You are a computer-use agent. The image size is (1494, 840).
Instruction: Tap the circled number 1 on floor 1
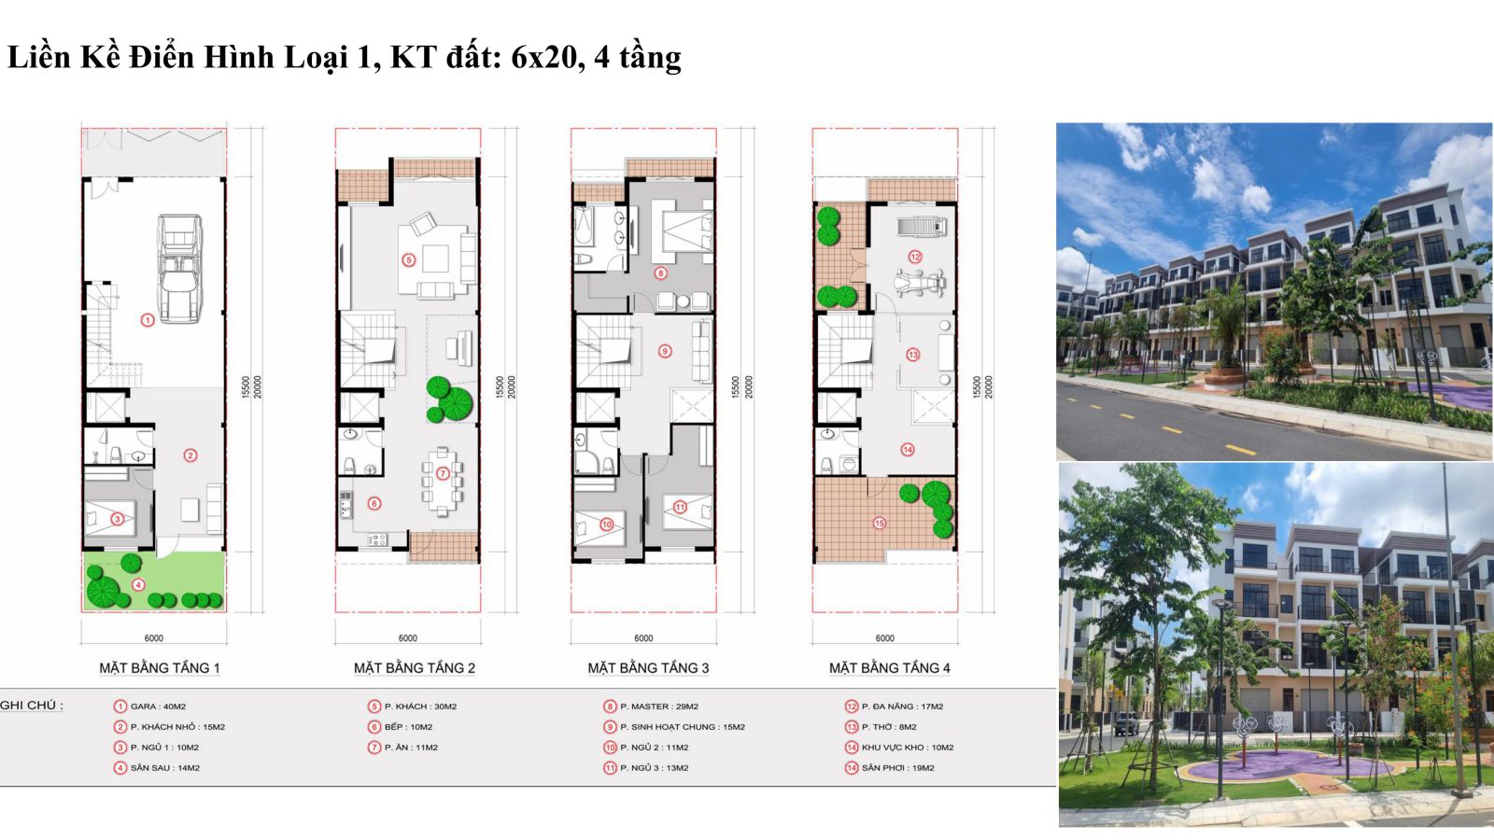coord(148,320)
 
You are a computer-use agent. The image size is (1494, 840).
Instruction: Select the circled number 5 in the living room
coord(409,260)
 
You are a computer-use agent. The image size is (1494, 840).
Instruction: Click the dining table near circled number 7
coord(442,480)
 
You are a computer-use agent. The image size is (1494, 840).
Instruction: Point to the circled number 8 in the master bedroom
coord(660,273)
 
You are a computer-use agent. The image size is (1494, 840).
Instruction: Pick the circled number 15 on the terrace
coord(880,524)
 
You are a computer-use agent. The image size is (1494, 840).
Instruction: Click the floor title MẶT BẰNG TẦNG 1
coord(160,667)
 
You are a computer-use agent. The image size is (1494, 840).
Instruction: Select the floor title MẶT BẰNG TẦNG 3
coord(648,667)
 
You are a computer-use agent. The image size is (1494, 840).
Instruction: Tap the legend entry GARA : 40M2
coord(158,706)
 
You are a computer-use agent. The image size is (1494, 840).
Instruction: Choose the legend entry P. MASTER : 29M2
coord(659,706)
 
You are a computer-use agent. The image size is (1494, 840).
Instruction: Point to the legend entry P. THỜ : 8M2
coord(889,727)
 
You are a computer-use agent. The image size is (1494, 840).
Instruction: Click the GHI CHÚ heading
coord(32,705)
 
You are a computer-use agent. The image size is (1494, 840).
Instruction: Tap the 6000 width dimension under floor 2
coord(407,638)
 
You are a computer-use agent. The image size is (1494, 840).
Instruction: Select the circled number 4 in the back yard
coord(138,584)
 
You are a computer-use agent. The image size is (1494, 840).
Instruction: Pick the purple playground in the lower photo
coord(1290,765)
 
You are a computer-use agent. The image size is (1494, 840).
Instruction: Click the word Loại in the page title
coord(317,57)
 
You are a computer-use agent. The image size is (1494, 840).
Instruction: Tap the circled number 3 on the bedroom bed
coord(118,518)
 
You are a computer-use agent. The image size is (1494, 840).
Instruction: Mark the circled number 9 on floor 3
coord(664,351)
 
